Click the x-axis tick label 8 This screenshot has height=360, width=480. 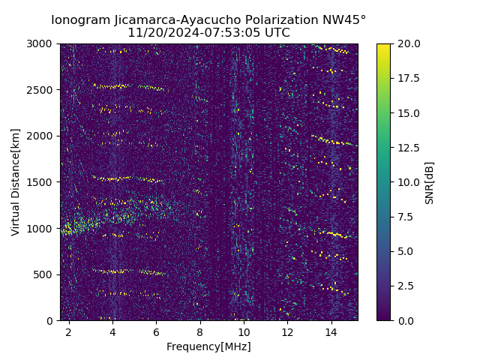200,331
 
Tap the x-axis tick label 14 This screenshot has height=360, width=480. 331,331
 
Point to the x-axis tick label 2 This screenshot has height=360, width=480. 69,331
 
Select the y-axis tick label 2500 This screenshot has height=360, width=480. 40,90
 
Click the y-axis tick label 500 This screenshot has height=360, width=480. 43,274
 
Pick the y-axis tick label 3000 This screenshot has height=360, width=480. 40,44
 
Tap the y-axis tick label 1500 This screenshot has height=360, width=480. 40,182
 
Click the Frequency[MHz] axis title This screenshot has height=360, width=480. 208,346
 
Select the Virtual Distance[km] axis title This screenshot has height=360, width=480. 16,182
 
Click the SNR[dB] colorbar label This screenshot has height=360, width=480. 430,182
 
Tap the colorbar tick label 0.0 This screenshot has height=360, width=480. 405,320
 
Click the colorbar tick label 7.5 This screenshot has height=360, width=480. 405,217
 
